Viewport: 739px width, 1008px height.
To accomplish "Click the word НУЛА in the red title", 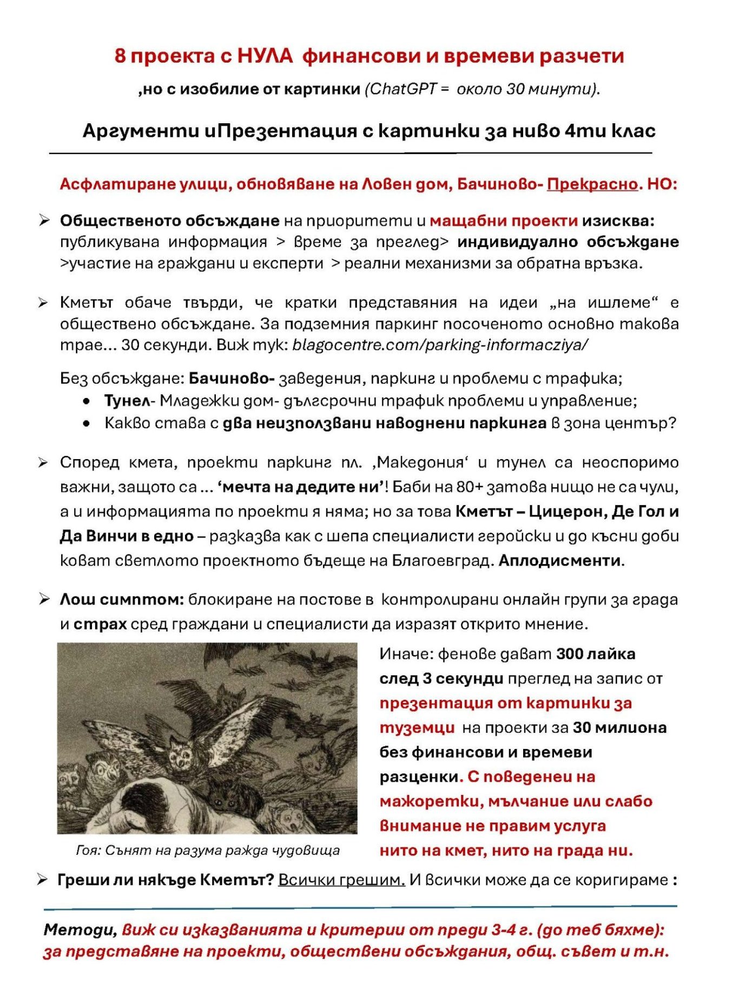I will pyautogui.click(x=265, y=56).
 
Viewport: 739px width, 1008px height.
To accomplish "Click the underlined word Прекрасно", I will pyautogui.click(x=592, y=184).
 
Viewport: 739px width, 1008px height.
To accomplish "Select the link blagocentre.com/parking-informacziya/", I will pyautogui.click(x=440, y=344).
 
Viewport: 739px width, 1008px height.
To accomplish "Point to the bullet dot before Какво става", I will pyautogui.click(x=87, y=423).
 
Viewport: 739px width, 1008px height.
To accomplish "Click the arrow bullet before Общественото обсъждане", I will pyautogui.click(x=44, y=221).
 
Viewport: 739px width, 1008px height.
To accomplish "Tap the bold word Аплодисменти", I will pyautogui.click(x=561, y=561).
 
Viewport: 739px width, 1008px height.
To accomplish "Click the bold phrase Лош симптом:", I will pyautogui.click(x=122, y=600).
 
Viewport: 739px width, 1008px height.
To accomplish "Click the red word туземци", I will pyautogui.click(x=417, y=728).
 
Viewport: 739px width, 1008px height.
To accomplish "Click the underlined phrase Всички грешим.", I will pyautogui.click(x=341, y=880).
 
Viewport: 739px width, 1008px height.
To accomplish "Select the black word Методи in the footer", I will pyautogui.click(x=79, y=930).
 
